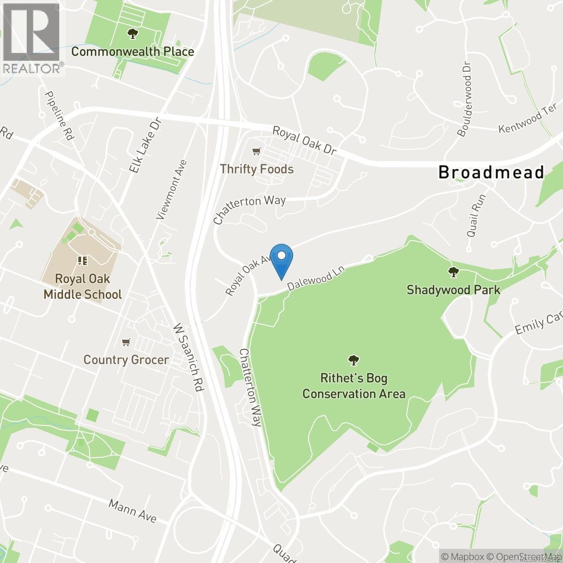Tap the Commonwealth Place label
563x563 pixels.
coord(133,51)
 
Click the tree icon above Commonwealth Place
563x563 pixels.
coord(133,33)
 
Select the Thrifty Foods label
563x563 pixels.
coord(257,169)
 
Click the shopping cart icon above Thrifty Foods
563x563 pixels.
coord(256,151)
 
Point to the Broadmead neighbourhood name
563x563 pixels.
coord(491,172)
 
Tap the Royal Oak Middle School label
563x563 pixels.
coord(83,286)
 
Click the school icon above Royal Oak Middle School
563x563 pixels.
coord(83,260)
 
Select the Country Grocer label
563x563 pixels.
coord(126,360)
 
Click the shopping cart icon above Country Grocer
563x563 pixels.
coord(126,342)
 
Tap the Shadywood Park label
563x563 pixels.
coord(453,289)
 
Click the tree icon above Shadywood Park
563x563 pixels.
coord(453,271)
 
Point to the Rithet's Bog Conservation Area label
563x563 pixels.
coord(354,386)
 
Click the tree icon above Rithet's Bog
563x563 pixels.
coord(354,360)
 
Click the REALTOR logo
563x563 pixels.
coord(32,38)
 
